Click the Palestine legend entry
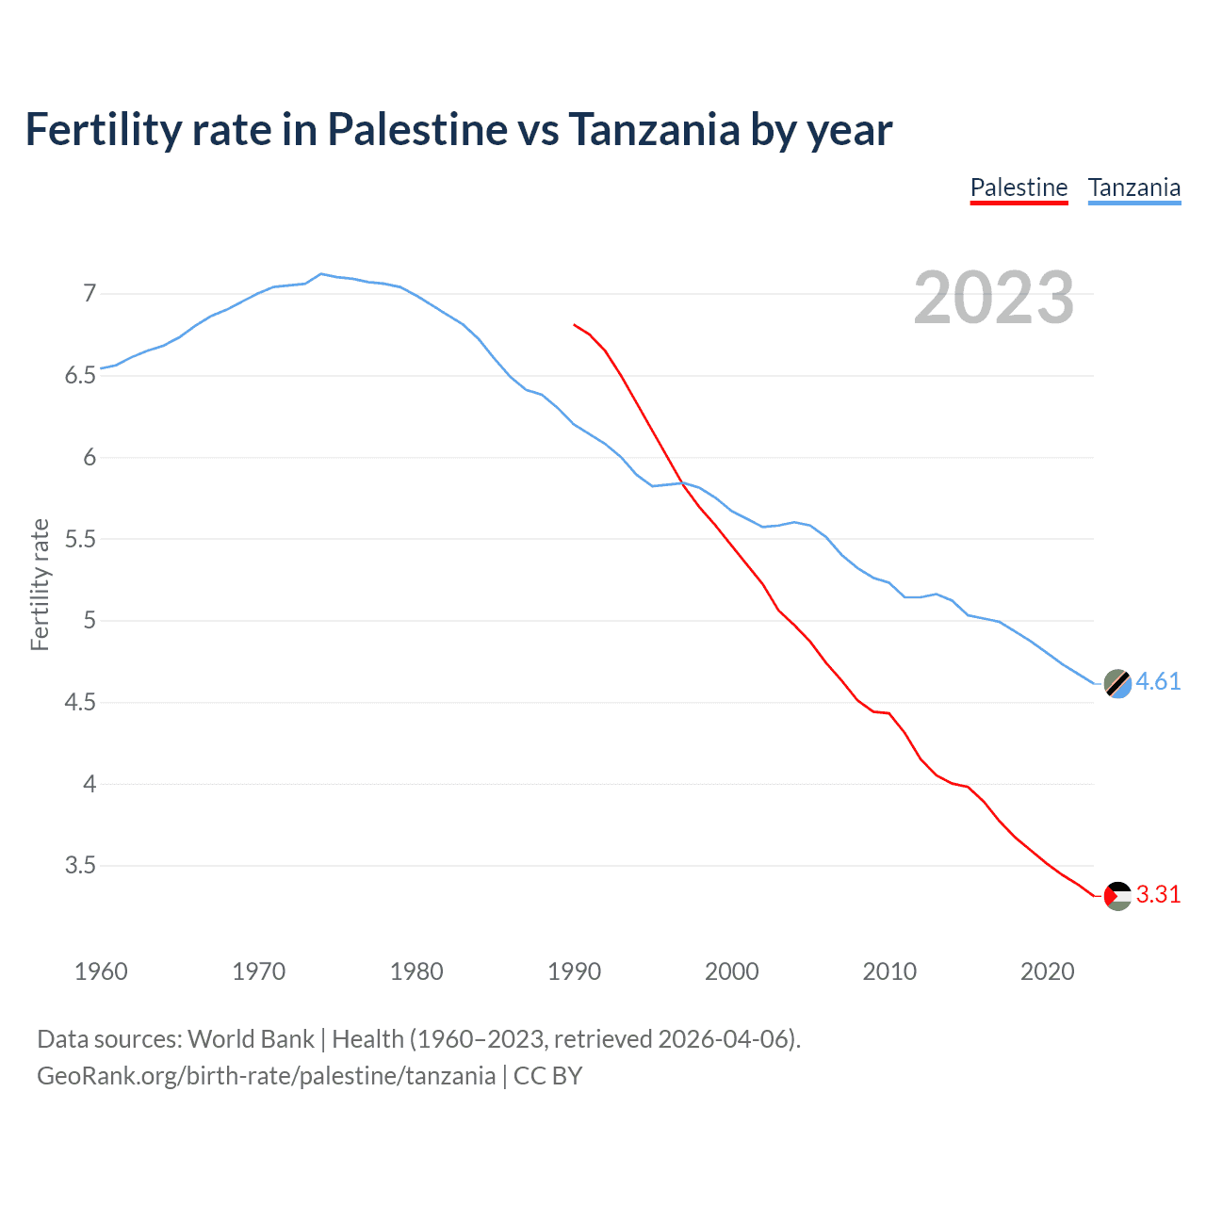point(1019,187)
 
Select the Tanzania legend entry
point(1134,187)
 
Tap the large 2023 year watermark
point(994,298)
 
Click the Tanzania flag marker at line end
point(1117,683)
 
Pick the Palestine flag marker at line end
point(1117,895)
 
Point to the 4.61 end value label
point(1158,681)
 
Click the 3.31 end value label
point(1158,894)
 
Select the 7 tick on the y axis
point(90,294)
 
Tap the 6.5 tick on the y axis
point(80,376)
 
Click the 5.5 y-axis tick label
point(80,539)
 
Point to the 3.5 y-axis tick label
point(80,865)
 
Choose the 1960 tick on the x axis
point(101,971)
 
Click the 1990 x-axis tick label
point(574,971)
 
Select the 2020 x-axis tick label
point(1047,971)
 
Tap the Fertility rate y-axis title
point(40,584)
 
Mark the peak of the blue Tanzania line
point(321,274)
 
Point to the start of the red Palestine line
point(575,324)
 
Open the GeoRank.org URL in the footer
point(266,1076)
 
